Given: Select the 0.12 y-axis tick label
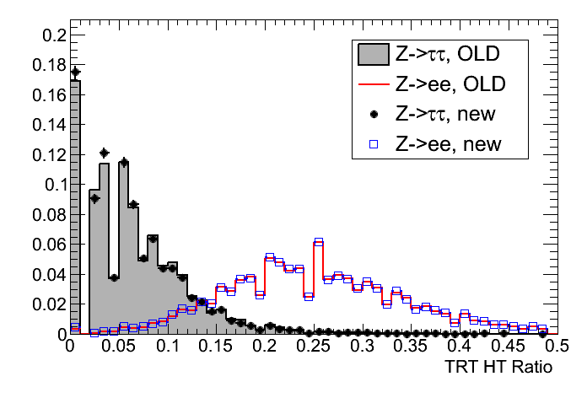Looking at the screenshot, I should tap(47, 155).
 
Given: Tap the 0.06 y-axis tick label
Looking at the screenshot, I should tap(47, 245).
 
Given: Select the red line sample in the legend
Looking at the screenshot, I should tap(370, 85).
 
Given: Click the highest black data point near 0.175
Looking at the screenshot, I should tap(75, 73).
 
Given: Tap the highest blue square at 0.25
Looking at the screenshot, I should tap(319, 242).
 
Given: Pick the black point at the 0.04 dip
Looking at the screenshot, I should tap(114, 277).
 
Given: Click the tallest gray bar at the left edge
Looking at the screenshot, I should tap(75, 211).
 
